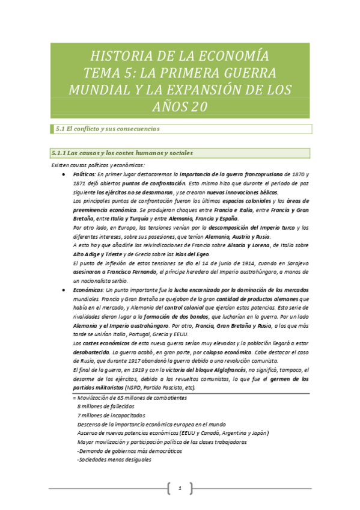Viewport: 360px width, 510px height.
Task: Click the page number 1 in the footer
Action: coord(180,487)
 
